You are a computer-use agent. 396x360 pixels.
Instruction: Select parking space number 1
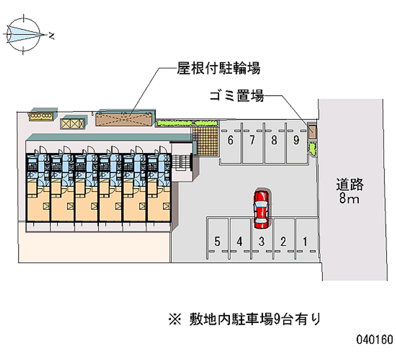point(306,238)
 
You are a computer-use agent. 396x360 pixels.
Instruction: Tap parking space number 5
point(218,238)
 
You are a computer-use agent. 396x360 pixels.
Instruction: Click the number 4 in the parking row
point(240,242)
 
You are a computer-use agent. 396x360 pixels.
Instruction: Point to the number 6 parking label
point(230,140)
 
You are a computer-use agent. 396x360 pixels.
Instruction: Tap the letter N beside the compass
point(51,36)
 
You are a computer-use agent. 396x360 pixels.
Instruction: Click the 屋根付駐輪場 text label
point(218,68)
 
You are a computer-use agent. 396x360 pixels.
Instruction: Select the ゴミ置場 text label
point(237,96)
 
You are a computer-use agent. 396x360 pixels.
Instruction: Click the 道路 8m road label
point(349,191)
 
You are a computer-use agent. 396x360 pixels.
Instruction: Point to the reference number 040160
point(375,339)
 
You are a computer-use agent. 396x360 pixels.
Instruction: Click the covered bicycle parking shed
point(125,118)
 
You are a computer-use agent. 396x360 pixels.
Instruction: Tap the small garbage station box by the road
point(312,131)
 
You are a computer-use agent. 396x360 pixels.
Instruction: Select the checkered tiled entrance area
point(205,141)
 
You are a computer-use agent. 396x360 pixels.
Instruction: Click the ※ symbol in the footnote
point(175,319)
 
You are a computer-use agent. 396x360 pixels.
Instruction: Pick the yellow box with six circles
point(41,116)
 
